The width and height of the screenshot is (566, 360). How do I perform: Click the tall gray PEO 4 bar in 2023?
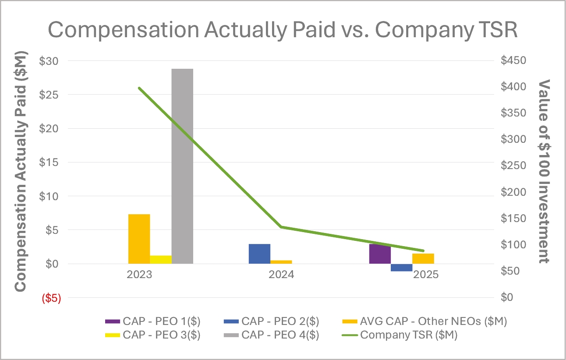pos(182,166)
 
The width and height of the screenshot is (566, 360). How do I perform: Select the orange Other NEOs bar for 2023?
pos(139,239)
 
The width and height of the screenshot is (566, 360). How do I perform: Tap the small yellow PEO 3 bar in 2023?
pos(160,259)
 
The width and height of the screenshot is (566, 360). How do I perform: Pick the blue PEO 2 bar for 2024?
pos(259,254)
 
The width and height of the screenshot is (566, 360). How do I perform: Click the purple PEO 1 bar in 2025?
pos(379,254)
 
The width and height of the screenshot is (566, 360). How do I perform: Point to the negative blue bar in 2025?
pos(401,268)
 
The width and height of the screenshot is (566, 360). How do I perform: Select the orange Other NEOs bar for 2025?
pos(423,258)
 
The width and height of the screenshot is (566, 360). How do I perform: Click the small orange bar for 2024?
pos(281,262)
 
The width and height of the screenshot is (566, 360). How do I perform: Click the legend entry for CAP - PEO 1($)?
pos(153,321)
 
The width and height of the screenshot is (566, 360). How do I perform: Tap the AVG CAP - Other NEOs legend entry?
pos(424,321)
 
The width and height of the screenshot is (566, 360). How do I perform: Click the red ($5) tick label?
pos(51,298)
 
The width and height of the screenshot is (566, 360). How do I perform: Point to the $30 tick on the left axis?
pos(50,61)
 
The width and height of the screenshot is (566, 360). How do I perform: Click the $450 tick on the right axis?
pos(513,60)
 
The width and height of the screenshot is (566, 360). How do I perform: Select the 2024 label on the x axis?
pos(282,275)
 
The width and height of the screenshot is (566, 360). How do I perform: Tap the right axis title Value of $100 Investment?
pos(544,171)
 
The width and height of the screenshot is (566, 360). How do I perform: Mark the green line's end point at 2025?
pos(423,251)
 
